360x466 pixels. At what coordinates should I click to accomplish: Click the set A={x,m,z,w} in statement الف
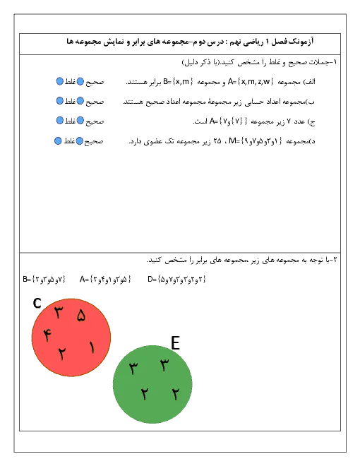251,81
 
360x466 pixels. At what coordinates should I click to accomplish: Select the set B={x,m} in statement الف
178,81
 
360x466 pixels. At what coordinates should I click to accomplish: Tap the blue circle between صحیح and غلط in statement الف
80,81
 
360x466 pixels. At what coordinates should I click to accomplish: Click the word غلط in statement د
69,141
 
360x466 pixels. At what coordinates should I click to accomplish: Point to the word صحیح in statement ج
95,121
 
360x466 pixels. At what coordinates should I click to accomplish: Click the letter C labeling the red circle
37,303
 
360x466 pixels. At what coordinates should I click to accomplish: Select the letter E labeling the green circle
176,343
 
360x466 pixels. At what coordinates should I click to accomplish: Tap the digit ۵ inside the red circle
81,315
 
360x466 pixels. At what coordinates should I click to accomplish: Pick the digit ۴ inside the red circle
47,335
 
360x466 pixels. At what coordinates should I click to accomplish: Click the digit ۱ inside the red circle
92,347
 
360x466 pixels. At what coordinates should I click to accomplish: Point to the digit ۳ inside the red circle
59,312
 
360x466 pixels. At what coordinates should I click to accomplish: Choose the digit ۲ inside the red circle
61,353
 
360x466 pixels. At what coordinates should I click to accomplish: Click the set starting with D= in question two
176,280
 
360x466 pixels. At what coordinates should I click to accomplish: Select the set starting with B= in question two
44,280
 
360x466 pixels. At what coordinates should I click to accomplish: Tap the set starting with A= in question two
105,280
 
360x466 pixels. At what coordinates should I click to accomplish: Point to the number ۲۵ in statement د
217,141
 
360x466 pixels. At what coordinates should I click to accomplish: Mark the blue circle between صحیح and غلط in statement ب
80,101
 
